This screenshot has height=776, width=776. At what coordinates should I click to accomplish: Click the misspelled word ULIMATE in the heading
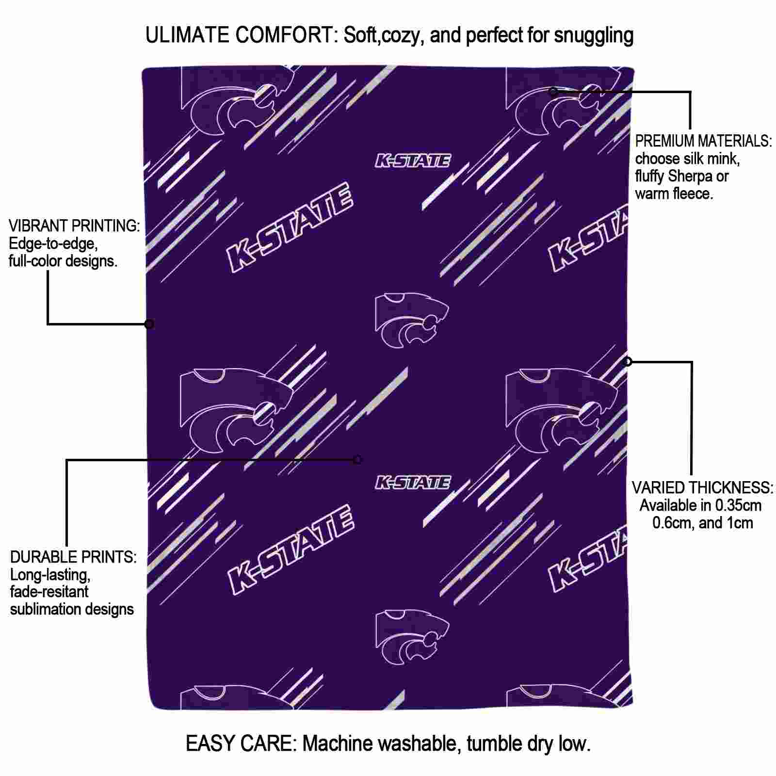tap(187, 35)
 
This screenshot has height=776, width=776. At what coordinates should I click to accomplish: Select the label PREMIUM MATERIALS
tap(703, 141)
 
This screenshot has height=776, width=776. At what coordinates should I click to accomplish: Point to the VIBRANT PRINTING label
tap(74, 226)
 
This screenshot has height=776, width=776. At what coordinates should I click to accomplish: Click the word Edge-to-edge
tap(53, 243)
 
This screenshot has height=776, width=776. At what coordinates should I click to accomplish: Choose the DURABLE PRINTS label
tap(73, 557)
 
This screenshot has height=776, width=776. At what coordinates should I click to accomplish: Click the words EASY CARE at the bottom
tap(241, 744)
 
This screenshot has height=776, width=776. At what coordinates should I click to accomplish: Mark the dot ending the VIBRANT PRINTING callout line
tap(149, 324)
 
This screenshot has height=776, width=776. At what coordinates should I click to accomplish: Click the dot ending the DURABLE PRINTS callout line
tap(358, 460)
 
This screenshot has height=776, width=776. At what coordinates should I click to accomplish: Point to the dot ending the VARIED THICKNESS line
tap(628, 361)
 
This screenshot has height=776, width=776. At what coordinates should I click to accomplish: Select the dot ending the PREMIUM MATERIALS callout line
tap(553, 91)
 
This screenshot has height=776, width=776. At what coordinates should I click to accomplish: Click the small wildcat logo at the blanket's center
tap(412, 320)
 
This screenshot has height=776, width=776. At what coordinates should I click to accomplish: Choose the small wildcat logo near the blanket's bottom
tap(412, 638)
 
